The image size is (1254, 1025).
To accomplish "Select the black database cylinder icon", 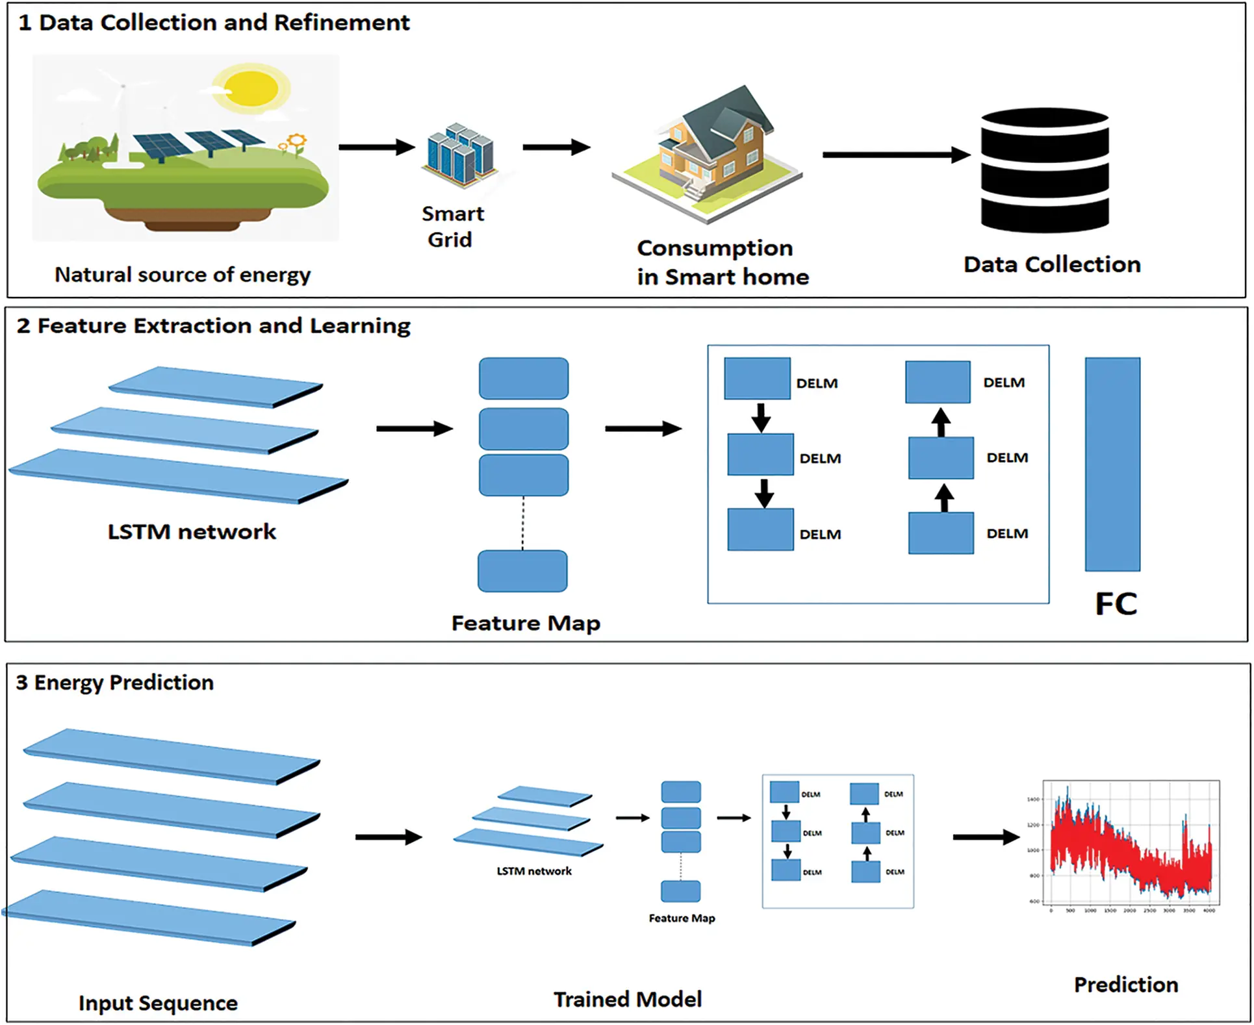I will coord(1044,170).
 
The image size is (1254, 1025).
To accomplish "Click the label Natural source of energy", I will coord(183,275).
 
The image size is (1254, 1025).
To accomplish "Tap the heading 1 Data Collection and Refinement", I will coord(214,23).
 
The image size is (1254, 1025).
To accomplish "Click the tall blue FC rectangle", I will coord(1112,464).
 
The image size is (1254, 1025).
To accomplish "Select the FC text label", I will coord(1115,603).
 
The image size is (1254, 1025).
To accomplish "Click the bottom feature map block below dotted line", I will coord(522,571).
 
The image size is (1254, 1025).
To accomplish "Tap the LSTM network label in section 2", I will coord(192,532).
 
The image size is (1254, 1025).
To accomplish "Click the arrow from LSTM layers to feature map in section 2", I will coord(414,429).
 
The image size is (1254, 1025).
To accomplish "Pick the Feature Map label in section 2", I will coord(526,623).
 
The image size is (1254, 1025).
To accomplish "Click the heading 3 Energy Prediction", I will coord(115,683).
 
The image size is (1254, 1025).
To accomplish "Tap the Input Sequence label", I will coord(158,1003).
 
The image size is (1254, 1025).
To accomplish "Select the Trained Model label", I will coord(627,999).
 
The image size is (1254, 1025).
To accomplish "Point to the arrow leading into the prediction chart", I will coord(985,837).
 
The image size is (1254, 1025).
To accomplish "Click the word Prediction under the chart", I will coord(1125,985).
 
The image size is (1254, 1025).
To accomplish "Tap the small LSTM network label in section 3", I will coord(534,871).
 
